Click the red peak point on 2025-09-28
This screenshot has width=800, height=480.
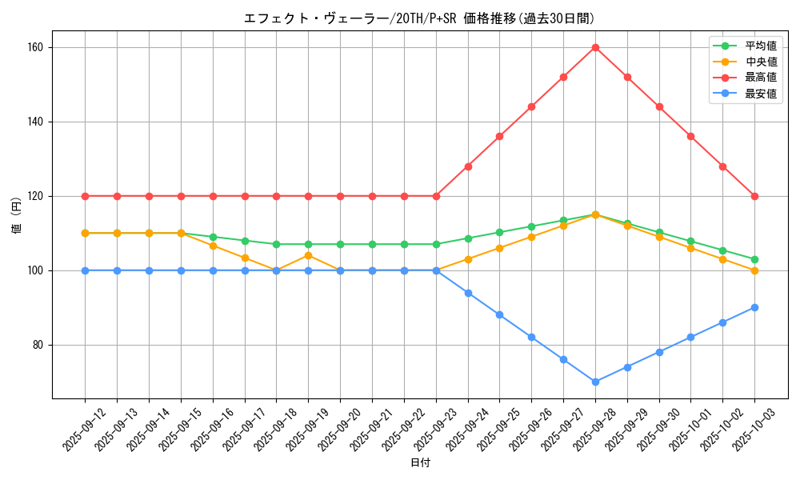click(595, 47)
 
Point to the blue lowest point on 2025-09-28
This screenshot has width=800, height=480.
click(595, 382)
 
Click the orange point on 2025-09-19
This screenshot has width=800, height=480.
click(308, 255)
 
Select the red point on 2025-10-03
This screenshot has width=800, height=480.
click(754, 196)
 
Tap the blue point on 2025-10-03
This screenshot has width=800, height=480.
click(754, 307)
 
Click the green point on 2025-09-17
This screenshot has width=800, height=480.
click(245, 241)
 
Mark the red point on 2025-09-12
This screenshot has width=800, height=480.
click(85, 196)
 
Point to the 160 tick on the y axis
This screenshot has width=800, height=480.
click(37, 47)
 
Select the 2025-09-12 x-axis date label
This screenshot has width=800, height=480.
click(85, 429)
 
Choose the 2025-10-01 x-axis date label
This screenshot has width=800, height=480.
click(690, 429)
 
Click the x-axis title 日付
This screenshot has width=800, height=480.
click(420, 463)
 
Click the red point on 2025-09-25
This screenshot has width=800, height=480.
click(499, 136)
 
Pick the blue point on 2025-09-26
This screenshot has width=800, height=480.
click(531, 337)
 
